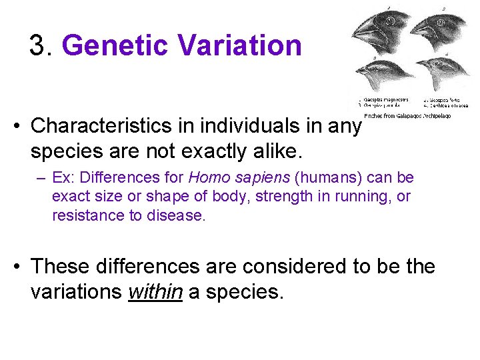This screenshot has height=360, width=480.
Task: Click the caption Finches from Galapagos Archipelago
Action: pyautogui.click(x=407, y=115)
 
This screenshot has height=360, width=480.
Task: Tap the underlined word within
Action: pyautogui.click(x=155, y=292)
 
